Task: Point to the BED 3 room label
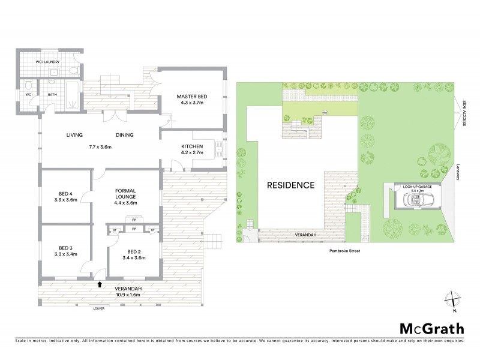click(x=66, y=248)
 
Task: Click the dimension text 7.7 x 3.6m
click(x=99, y=146)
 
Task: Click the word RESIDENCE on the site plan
click(x=290, y=185)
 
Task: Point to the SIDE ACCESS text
click(x=466, y=113)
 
